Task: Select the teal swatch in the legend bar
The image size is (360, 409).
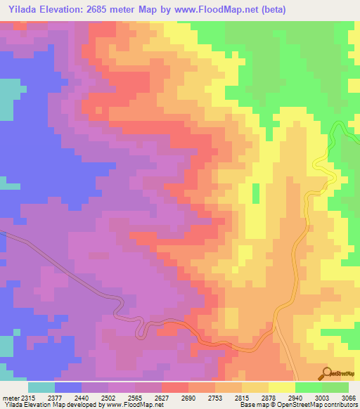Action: pos(41,387)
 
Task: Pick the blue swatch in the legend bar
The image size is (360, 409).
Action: pos(68,387)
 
